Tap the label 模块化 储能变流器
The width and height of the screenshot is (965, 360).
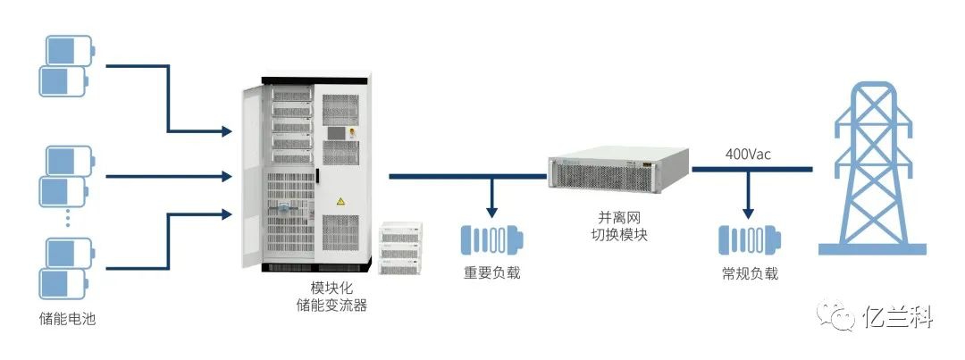(x=331, y=297)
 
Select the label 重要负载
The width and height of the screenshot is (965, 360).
(x=491, y=272)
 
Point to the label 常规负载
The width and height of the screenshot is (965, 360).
(x=750, y=273)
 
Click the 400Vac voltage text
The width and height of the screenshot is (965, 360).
(x=748, y=155)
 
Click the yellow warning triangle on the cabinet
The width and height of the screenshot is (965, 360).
(x=339, y=204)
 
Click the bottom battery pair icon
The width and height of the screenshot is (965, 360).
(x=66, y=268)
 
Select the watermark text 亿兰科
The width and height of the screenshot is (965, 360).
(x=898, y=316)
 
